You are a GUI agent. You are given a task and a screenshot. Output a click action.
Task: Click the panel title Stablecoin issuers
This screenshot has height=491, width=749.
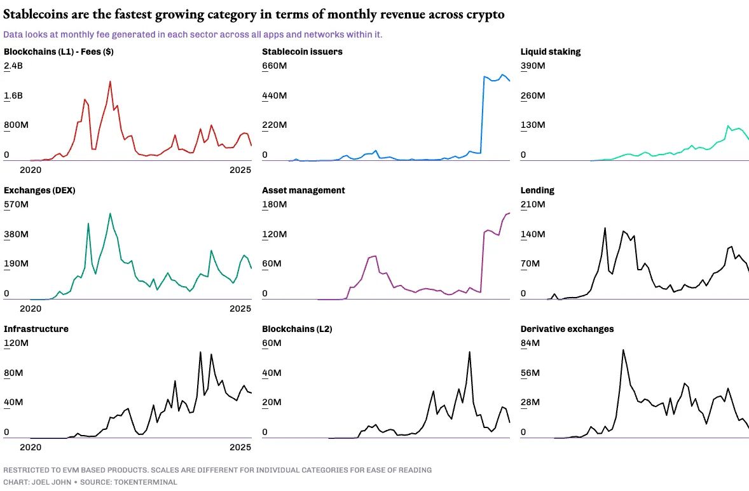coord(302,52)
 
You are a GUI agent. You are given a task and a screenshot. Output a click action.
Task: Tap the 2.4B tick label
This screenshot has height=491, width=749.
coord(13,66)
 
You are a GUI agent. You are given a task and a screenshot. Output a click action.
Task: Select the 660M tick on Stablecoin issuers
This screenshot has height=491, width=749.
coord(275,66)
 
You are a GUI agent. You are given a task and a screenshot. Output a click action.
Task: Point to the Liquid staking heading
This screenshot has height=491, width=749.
coord(550,52)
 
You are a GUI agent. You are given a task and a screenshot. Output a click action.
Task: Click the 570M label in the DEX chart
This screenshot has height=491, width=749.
coord(16,204)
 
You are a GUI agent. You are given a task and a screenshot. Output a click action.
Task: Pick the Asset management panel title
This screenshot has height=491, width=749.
coord(303,190)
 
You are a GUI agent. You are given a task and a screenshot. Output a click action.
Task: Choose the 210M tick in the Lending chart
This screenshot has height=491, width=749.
coord(532,204)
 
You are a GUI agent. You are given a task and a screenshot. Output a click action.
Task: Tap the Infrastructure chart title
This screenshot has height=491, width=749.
coord(36,329)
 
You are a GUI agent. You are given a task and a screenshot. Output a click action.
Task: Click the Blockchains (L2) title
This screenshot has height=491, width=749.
coord(297,329)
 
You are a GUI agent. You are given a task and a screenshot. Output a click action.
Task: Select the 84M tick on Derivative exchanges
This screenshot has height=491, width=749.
coord(530,343)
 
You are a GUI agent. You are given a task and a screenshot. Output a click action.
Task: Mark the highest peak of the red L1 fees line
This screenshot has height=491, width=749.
coord(110,81)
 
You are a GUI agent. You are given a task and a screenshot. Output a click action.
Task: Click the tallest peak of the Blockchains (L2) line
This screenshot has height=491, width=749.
coord(469,352)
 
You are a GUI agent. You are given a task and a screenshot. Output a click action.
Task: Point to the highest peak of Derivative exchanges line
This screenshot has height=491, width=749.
coord(623,350)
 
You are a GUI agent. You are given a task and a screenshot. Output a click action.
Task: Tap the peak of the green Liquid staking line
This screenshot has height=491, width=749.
coord(727,126)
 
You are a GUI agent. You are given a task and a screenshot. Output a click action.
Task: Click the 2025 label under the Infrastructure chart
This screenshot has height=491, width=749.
coord(240,447)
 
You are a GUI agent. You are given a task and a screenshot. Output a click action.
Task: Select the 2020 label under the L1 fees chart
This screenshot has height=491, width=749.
coord(31,170)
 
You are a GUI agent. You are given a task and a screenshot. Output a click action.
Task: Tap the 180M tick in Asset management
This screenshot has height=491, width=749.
coord(275,204)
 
